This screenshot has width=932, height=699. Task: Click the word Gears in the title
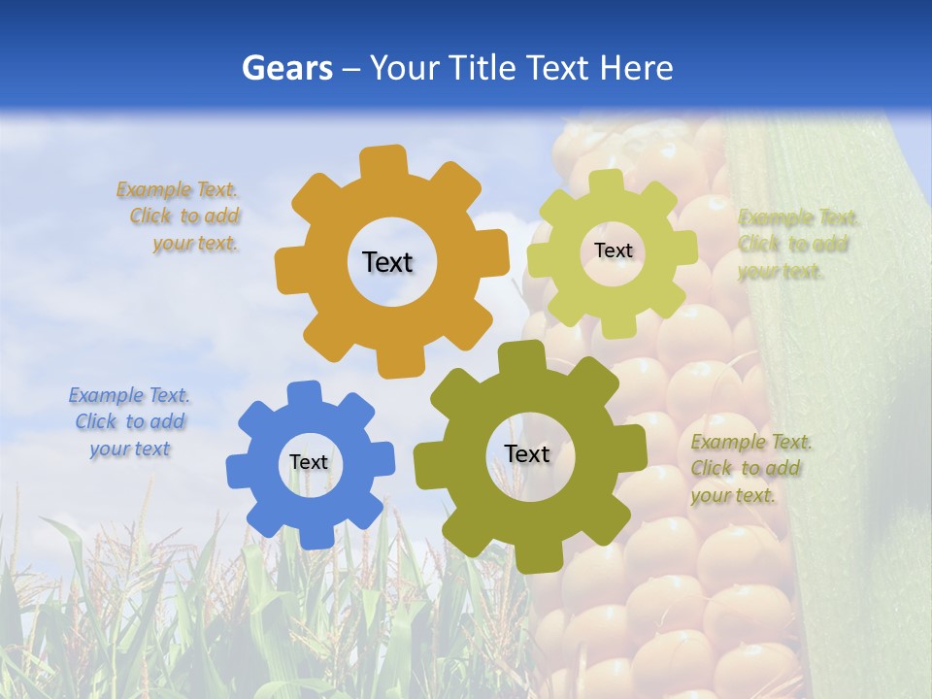point(287,68)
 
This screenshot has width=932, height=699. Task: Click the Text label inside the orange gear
point(387,262)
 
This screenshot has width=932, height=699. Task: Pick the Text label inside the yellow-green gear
point(613,250)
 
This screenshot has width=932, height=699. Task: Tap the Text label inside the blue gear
point(309,463)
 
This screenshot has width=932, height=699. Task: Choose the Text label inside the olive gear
point(527,453)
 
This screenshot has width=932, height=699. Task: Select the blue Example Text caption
point(129,422)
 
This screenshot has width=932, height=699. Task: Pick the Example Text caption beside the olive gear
point(749,469)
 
